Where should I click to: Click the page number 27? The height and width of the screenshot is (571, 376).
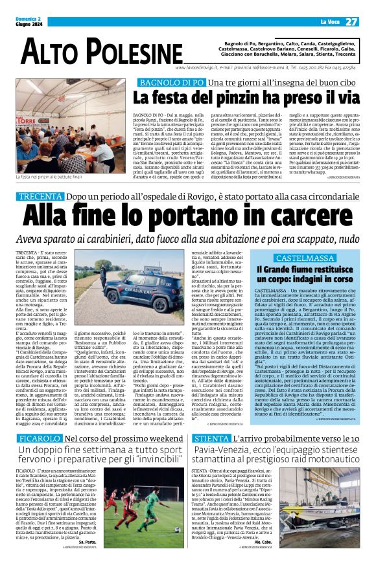[x=351, y=21]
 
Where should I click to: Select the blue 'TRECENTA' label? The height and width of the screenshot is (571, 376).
[x=41, y=196]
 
